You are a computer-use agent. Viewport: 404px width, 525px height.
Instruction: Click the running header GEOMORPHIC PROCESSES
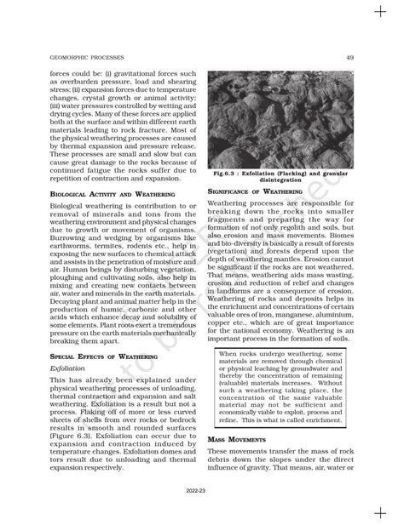pyautogui.click(x=61, y=57)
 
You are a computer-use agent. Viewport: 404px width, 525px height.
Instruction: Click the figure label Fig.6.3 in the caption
pyautogui.click(x=229, y=174)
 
